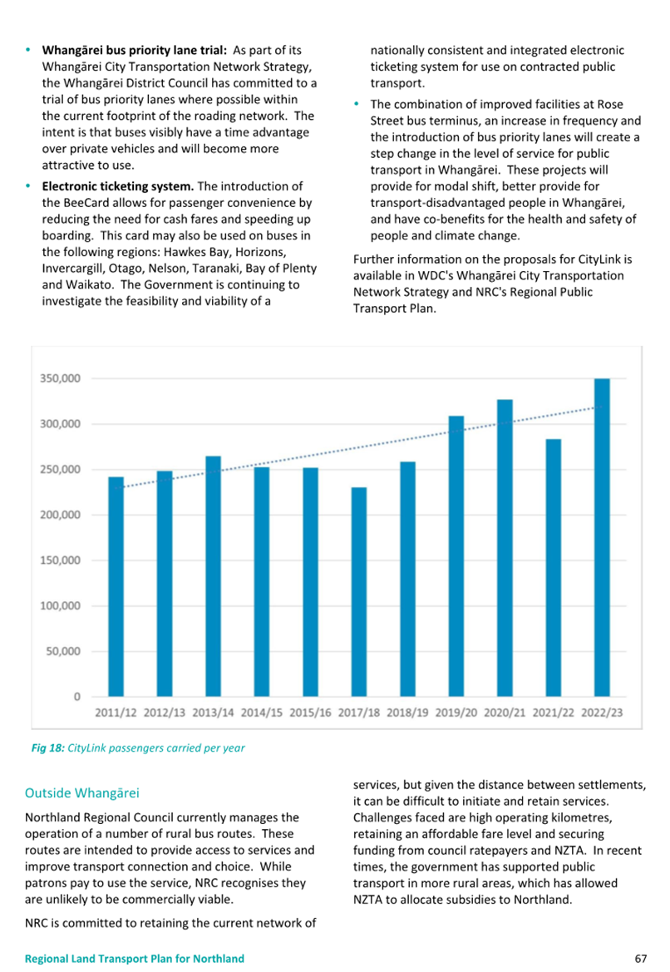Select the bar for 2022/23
coord(602,537)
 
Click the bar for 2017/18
coord(359,592)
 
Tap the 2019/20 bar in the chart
coord(456,556)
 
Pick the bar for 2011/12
coord(116,586)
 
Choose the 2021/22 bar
coord(554,568)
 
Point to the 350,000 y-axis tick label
coord(60,378)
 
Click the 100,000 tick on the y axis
coord(60,605)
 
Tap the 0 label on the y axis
coord(76,697)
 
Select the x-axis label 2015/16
coord(310,713)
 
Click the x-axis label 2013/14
coord(213,713)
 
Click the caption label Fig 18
coord(47,748)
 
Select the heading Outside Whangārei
coord(81,793)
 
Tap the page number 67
coord(641,959)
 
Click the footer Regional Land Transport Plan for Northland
coord(135,959)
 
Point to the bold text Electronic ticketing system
coord(118,186)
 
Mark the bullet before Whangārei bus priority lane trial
coord(28,50)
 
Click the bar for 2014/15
coord(262,582)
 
